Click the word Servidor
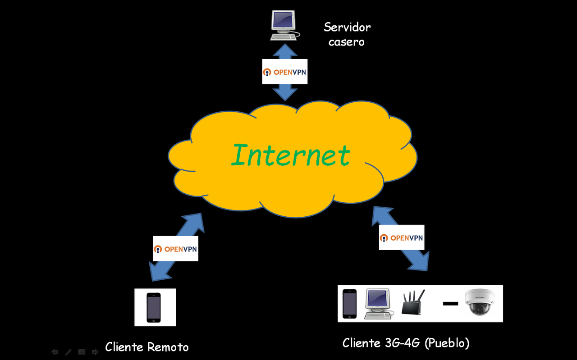347,27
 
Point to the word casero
347,42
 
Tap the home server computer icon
285,25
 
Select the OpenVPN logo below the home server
284,72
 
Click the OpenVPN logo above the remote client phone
175,249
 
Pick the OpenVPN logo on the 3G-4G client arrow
402,237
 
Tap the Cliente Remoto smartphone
154,307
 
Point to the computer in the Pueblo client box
379,304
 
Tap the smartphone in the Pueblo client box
349,304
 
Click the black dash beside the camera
450,304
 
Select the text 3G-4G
403,343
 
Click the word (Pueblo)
447,343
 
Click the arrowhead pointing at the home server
285,50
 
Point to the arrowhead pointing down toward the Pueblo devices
419,262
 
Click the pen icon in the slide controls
68,352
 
